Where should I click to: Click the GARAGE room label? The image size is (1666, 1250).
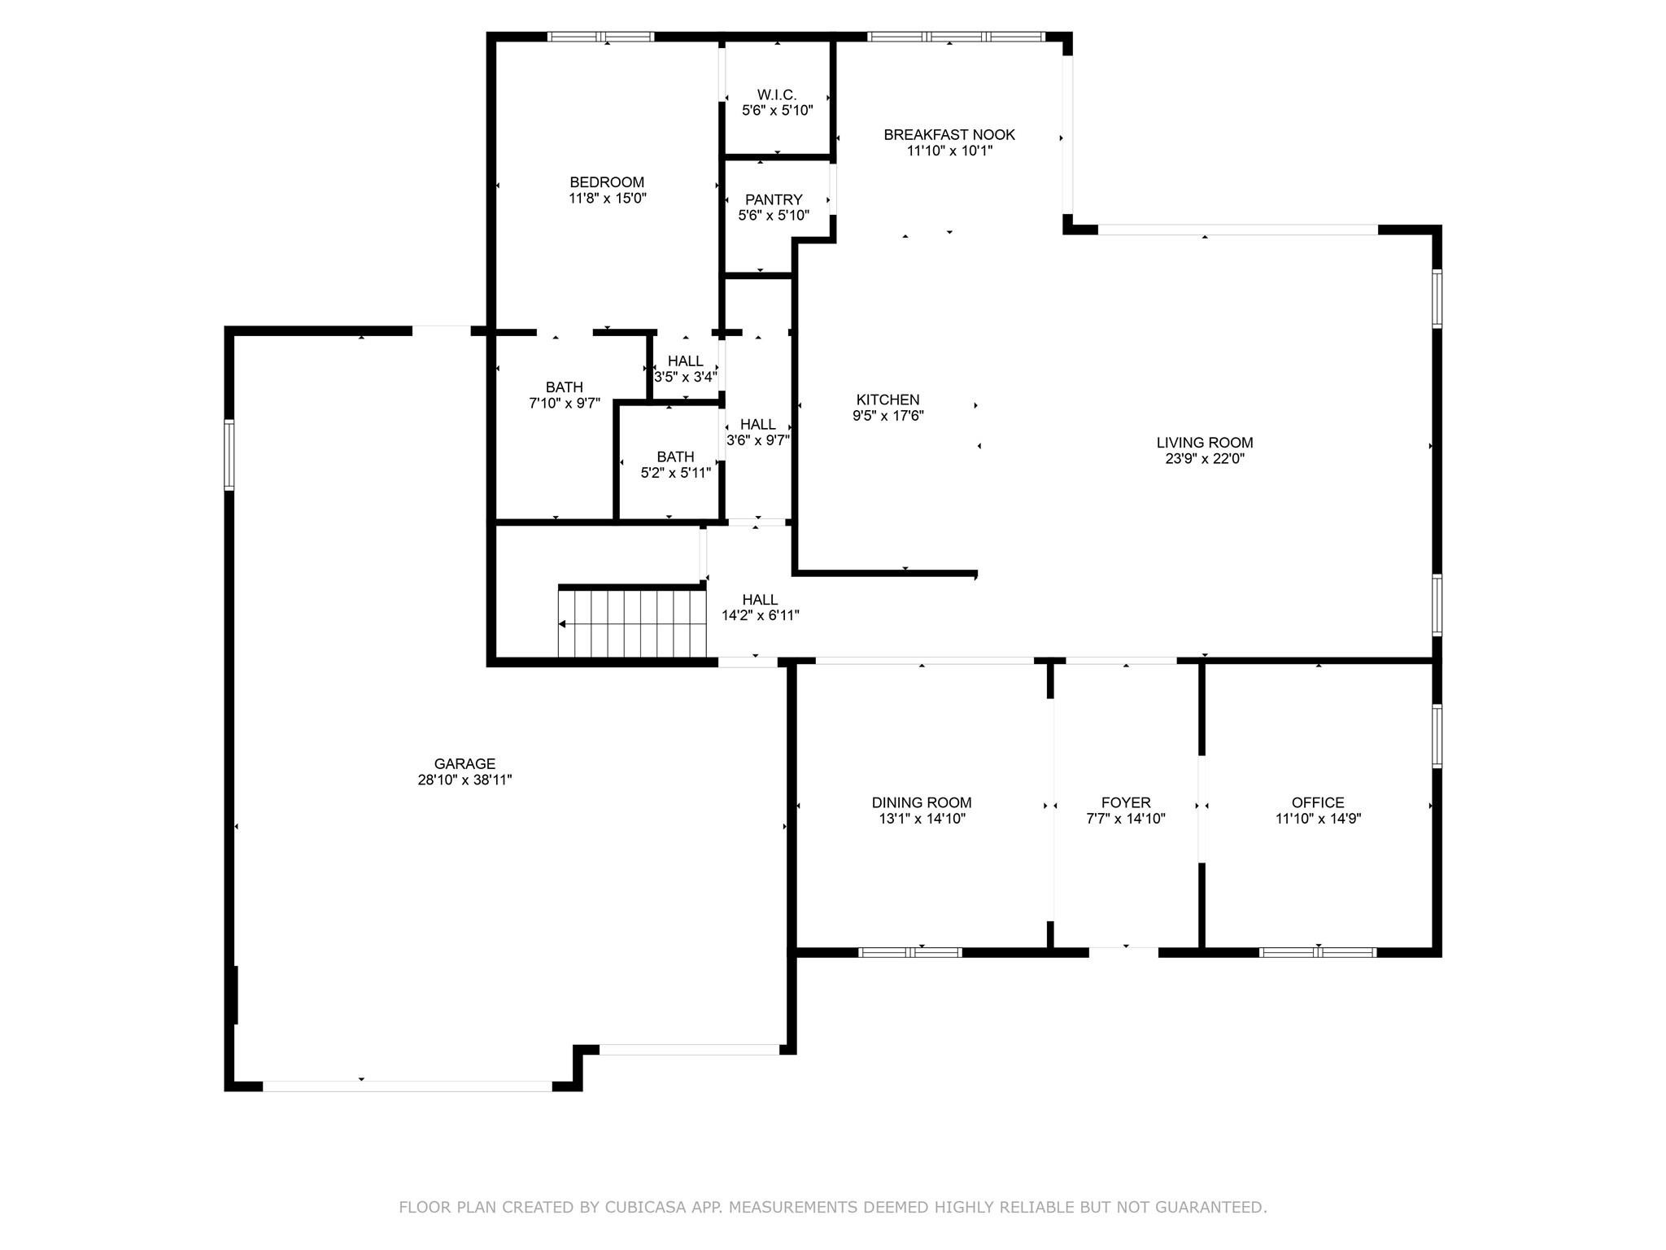[464, 764]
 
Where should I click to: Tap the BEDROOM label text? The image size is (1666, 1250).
[607, 182]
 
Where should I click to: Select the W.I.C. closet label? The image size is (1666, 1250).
[777, 95]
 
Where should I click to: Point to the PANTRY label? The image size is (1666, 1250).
[774, 199]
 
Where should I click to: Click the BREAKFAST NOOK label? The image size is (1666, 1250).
[949, 134]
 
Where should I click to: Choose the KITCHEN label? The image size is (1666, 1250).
[888, 400]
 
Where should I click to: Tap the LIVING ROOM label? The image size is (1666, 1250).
[1205, 443]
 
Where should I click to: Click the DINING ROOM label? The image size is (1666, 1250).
[922, 802]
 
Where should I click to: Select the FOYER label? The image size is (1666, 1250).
[1126, 802]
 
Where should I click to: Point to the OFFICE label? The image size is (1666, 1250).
[1318, 802]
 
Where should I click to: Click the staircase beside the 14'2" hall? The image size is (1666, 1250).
[632, 623]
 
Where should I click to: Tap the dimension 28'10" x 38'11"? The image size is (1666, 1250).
[464, 780]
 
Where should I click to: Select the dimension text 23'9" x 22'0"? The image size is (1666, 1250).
[1205, 459]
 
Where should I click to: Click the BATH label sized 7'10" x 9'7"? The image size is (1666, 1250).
[565, 387]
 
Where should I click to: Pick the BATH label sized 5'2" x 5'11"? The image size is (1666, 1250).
[676, 457]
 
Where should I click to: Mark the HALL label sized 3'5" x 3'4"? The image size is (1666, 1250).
[686, 361]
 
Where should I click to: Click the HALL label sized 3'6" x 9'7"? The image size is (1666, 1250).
[758, 425]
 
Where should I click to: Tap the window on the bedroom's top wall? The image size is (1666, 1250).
[600, 37]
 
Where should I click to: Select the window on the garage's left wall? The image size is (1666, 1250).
[229, 455]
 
